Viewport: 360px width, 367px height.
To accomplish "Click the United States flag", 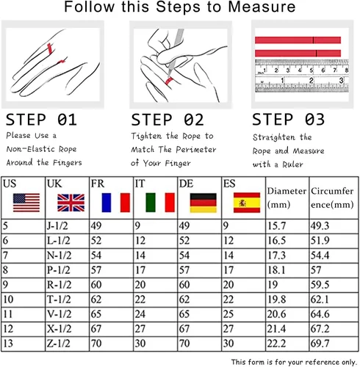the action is (26, 203).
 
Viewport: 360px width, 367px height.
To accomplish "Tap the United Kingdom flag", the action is (71, 203).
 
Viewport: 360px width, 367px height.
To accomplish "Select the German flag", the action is (204, 203).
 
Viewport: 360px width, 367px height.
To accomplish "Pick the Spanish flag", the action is (247, 203).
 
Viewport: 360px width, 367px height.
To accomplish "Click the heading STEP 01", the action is (41, 120).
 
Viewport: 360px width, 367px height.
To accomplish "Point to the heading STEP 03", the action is (288, 120).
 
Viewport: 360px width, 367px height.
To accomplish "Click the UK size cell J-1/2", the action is (57, 226).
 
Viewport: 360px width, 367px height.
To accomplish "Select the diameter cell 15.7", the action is (276, 226).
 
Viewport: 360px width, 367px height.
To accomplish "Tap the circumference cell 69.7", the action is (320, 344).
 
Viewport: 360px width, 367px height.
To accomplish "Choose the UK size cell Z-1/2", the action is (59, 344).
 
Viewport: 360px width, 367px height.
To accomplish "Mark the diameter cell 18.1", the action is (276, 270).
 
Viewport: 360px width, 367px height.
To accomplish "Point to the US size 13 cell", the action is (8, 344).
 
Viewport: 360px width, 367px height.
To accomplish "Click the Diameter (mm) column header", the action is (287, 197).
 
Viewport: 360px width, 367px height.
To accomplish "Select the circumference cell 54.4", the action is (320, 255).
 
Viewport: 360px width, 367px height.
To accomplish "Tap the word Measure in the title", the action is (262, 7).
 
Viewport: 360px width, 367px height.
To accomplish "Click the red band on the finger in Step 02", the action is (169, 81).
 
